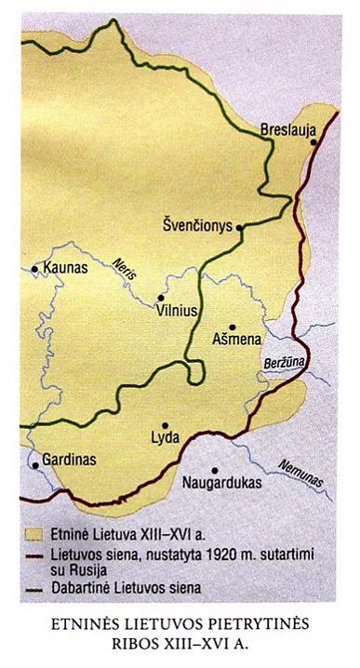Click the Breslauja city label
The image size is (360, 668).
pos(289,128)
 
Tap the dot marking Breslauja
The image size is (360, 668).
pos(314,143)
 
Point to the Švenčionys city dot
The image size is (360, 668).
pos(240,226)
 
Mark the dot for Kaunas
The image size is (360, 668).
pos(35,270)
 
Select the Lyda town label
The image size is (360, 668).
pos(165,438)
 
